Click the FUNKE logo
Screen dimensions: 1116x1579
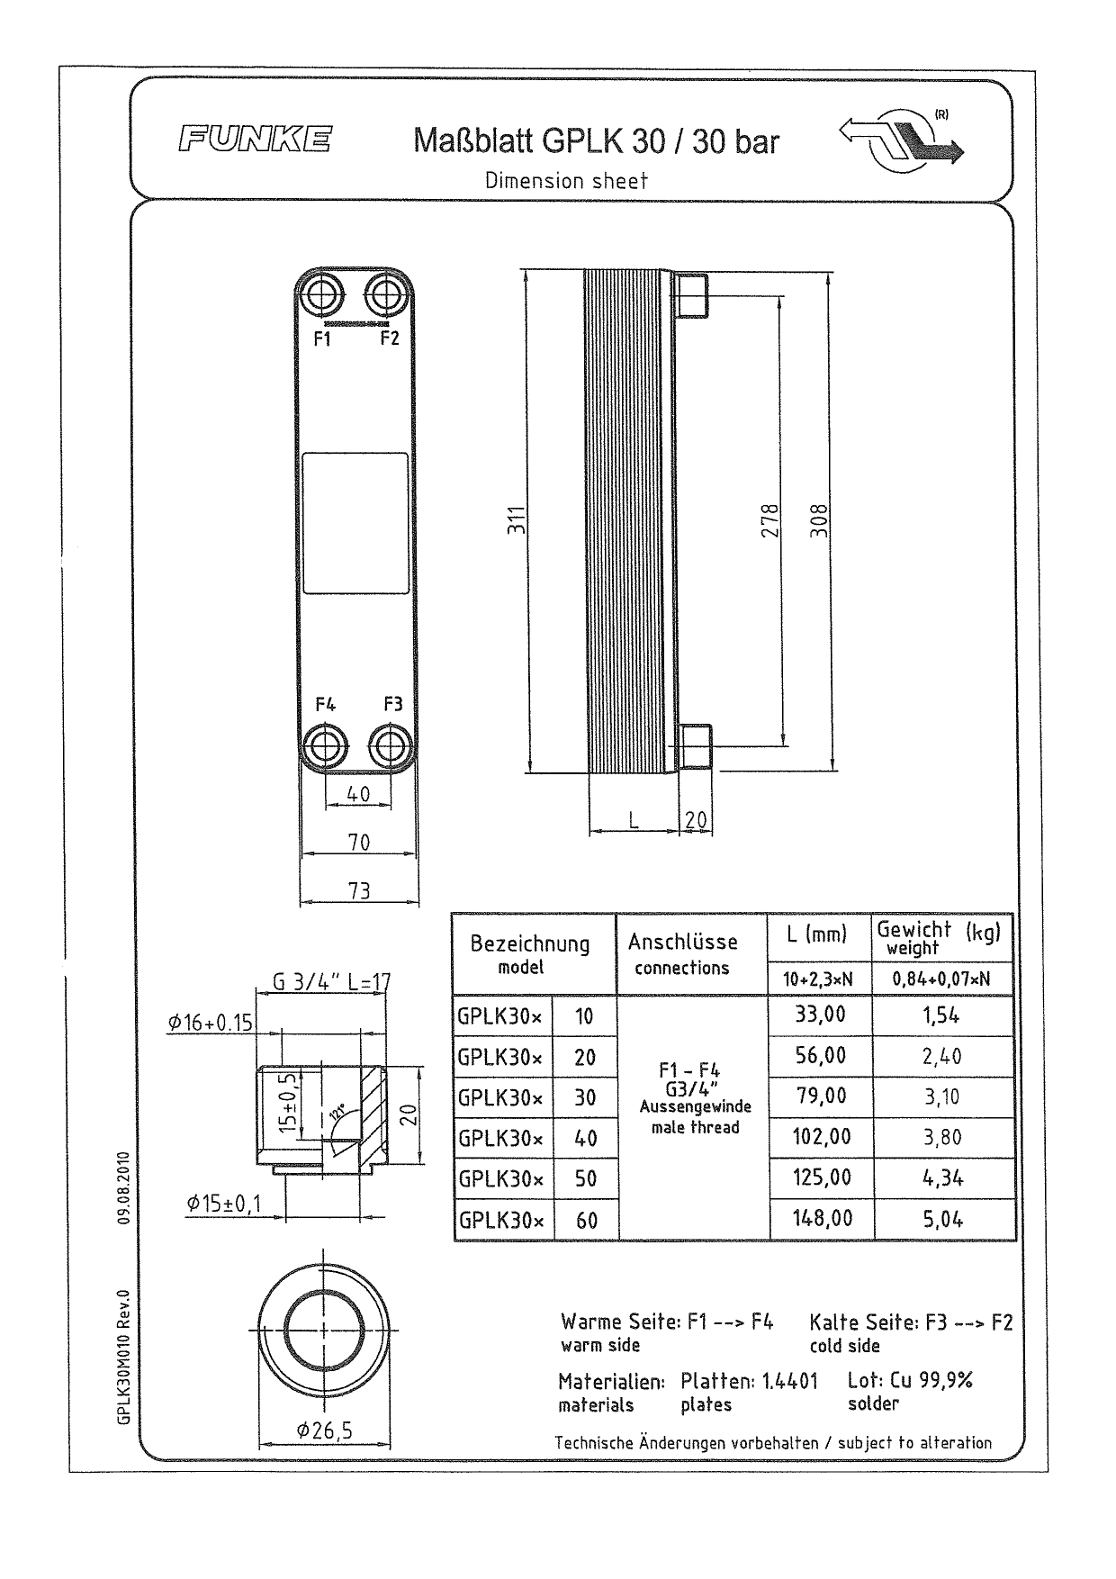(255, 140)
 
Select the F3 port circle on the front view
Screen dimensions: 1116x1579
(392, 746)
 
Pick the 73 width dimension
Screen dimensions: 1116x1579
(359, 890)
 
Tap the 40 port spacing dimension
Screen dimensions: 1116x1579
(358, 794)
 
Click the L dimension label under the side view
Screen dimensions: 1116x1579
(634, 819)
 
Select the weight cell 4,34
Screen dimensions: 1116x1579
(941, 1178)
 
